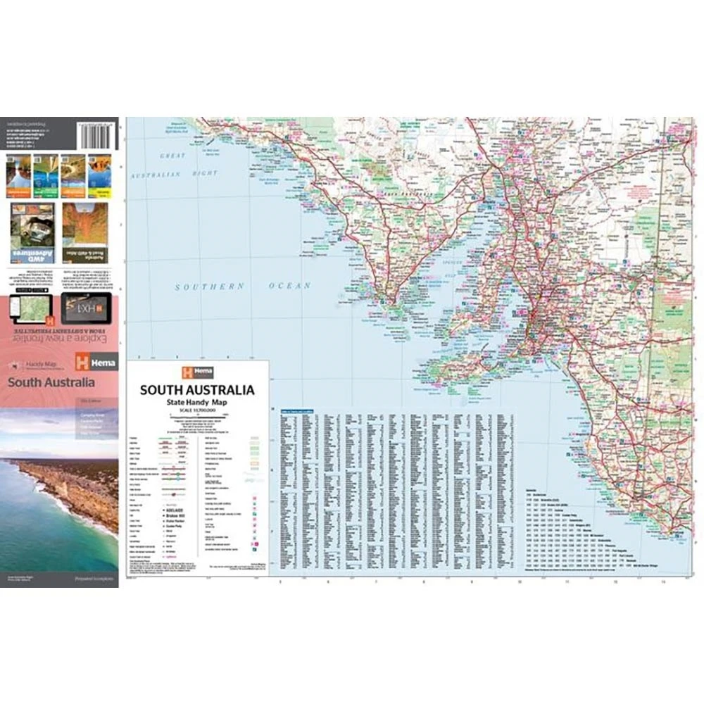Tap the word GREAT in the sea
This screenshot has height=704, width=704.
coord(172,156)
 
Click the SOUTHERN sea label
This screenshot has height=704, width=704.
coord(210,287)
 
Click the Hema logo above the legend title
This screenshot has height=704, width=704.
coord(196,372)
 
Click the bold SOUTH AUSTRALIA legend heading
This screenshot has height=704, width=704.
coord(196,389)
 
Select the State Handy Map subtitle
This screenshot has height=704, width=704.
coord(196,401)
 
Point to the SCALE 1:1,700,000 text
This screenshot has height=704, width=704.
coord(196,410)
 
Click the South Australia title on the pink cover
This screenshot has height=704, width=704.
coord(51,384)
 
